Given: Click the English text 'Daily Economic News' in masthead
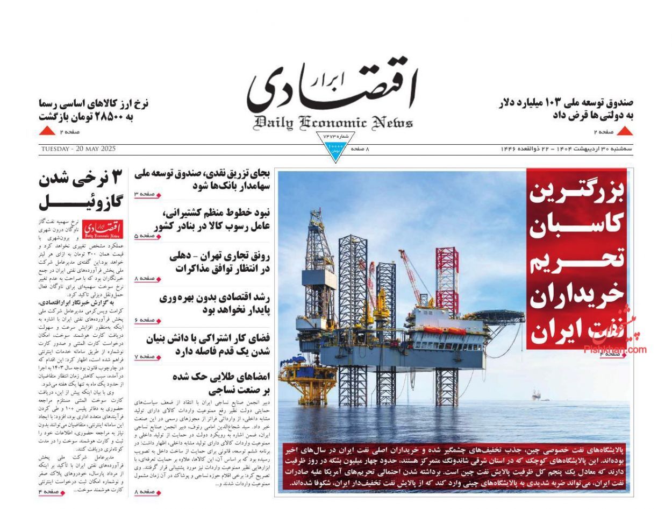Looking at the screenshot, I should (x=333, y=123).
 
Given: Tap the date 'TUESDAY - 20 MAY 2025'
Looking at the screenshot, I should (x=77, y=149).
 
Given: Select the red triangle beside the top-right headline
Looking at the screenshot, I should (x=624, y=131).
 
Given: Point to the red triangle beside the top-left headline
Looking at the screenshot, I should (x=47, y=131).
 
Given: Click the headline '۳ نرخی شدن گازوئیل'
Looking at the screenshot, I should (x=81, y=190).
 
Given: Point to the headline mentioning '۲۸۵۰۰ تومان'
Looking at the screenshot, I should (x=94, y=109).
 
